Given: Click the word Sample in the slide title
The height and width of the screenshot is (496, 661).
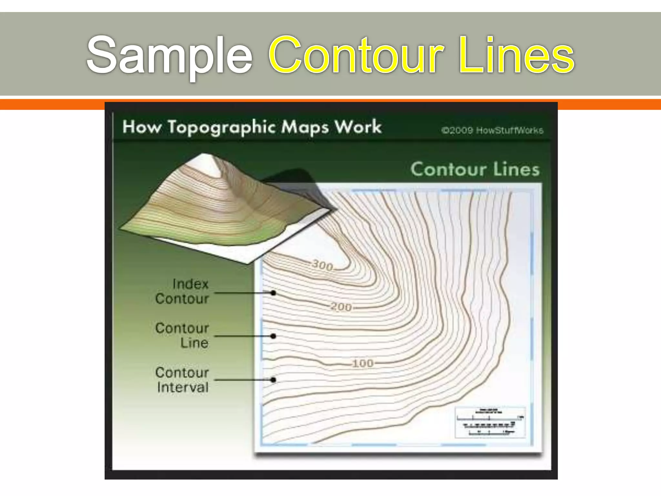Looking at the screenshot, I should (x=169, y=55).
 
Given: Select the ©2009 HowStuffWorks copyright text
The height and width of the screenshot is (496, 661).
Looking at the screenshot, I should (x=492, y=130).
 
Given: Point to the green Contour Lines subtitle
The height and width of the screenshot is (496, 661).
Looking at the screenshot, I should (x=475, y=169).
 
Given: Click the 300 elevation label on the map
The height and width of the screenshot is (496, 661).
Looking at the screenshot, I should (x=322, y=265).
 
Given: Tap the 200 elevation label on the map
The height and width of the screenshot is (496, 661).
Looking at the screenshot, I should (x=341, y=307).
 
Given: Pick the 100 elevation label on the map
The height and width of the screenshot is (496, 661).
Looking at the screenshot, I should (x=363, y=364).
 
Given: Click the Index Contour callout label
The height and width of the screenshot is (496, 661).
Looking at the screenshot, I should (x=182, y=292).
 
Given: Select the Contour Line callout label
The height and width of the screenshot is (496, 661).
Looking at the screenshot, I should (x=182, y=336).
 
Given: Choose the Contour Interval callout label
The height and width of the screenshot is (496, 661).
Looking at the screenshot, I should (x=182, y=380).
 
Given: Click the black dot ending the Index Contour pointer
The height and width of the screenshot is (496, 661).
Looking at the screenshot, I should (x=273, y=293).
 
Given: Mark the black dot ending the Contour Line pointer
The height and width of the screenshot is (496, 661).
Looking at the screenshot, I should (x=273, y=336).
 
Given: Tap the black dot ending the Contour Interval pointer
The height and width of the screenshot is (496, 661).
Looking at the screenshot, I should (x=273, y=380).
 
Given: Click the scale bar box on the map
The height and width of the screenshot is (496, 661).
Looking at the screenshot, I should (x=490, y=422).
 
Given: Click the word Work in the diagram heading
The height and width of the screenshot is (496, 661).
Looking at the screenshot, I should (x=358, y=127).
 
